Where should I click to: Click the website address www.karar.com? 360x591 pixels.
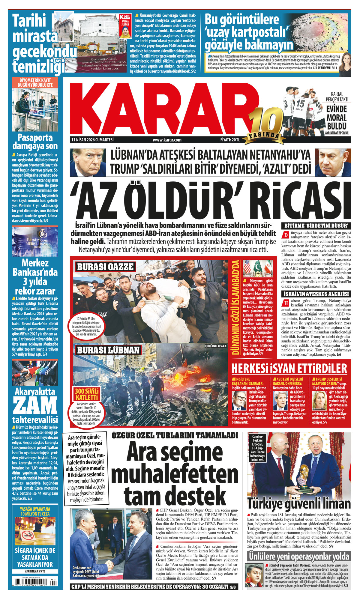coord(167,140)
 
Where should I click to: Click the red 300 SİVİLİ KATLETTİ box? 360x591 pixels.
coord(87,394)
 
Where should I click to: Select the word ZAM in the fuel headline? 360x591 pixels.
coord(35,405)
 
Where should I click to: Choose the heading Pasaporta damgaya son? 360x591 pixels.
coord(35,142)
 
